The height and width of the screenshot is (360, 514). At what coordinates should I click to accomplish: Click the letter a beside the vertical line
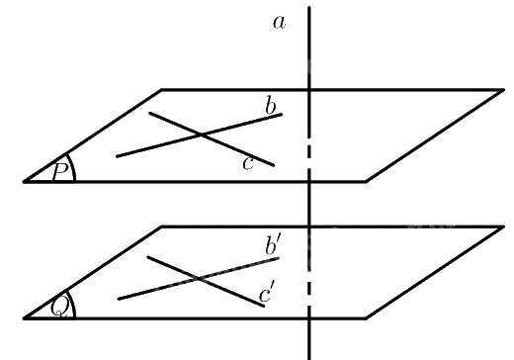point(280,23)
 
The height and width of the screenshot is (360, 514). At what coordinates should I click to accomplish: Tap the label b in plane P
point(271,107)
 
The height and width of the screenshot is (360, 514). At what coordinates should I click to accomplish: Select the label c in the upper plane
point(248,163)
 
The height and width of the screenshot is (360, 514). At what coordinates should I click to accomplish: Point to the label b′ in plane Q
point(272,246)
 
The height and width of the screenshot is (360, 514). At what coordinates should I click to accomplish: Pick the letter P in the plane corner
point(60,171)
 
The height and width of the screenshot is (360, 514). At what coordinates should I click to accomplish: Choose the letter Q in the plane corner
point(60,308)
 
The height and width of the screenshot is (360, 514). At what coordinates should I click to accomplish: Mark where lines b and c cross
point(202,135)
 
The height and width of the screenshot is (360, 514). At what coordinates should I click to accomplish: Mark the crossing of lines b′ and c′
point(199,279)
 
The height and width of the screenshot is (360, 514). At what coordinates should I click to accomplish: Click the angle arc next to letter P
point(73,167)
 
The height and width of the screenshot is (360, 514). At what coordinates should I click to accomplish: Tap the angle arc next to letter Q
point(73,304)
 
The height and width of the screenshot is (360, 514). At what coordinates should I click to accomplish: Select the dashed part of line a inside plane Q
point(309,289)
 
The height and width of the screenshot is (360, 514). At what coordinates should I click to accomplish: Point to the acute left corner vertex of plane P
point(24,181)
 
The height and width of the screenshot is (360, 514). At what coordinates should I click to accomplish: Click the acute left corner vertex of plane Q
point(24,318)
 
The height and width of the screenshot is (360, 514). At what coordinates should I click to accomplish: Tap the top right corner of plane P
point(503,89)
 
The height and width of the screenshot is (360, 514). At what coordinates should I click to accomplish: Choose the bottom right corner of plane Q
point(366,318)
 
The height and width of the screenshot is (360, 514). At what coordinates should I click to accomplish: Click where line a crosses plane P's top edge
point(309,89)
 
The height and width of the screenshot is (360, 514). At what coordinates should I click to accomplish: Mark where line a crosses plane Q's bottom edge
point(309,318)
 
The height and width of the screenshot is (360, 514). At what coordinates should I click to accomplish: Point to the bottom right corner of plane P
point(366,181)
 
